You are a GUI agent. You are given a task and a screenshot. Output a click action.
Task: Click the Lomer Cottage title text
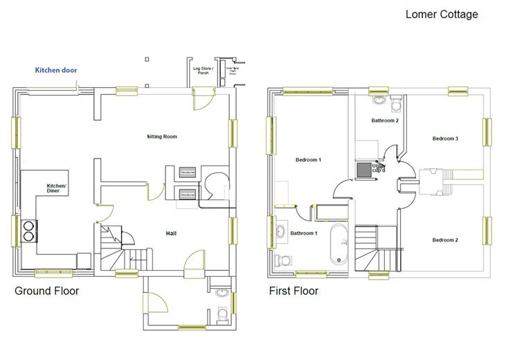pyautogui.click(x=441, y=14)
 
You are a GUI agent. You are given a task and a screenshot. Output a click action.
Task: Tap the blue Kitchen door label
pyautogui.click(x=57, y=71)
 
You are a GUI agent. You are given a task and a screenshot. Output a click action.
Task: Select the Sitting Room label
pyautogui.click(x=162, y=136)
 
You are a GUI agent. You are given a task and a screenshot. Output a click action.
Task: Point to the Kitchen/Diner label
pyautogui.click(x=56, y=188)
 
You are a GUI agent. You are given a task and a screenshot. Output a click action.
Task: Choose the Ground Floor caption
pyautogui.click(x=46, y=291)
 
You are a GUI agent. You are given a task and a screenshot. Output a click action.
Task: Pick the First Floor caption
pyautogui.click(x=294, y=291)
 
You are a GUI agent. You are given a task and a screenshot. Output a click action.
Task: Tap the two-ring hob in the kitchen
pyautogui.click(x=29, y=230)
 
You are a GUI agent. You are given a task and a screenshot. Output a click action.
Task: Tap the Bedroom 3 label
pyautogui.click(x=445, y=139)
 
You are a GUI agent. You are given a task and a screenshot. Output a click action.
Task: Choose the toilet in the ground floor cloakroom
pyautogui.click(x=222, y=315)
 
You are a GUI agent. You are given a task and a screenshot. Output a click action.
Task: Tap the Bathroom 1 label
pyautogui.click(x=303, y=233)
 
